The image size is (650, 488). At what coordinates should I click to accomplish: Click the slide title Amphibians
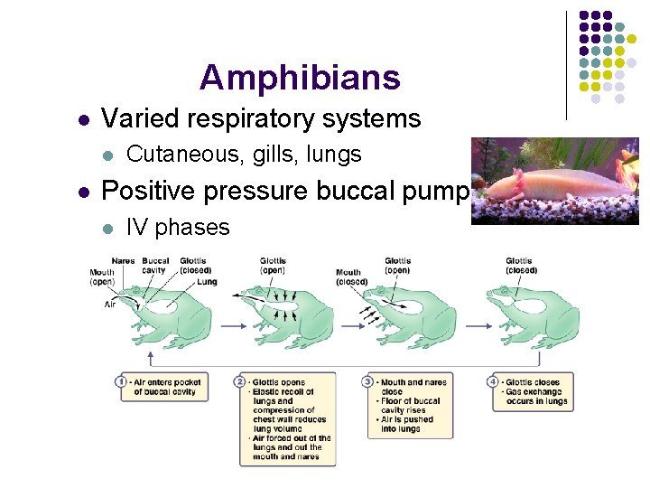[x=300, y=78]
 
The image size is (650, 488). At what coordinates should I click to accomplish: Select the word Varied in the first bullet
[x=133, y=118]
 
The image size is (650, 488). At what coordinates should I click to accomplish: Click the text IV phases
[x=178, y=228]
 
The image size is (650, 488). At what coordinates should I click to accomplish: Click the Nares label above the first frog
[x=124, y=262]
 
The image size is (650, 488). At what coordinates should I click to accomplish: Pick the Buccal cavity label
[x=154, y=266]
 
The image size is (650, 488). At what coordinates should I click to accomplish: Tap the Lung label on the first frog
[x=207, y=281]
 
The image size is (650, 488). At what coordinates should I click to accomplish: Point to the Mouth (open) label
[x=102, y=276]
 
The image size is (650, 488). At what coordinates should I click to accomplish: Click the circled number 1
[x=121, y=382]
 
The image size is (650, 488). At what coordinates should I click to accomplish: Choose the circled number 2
[x=240, y=382]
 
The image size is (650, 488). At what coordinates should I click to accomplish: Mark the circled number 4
[x=494, y=382]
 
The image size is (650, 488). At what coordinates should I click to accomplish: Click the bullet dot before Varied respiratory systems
[x=83, y=119]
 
